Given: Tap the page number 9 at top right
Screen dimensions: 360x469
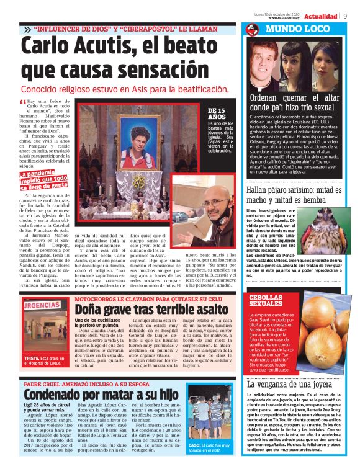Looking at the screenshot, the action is (344, 16).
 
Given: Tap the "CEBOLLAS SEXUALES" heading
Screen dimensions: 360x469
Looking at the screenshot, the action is (265, 301).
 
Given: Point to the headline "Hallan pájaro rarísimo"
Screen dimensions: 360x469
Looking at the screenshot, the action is (294, 194).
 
